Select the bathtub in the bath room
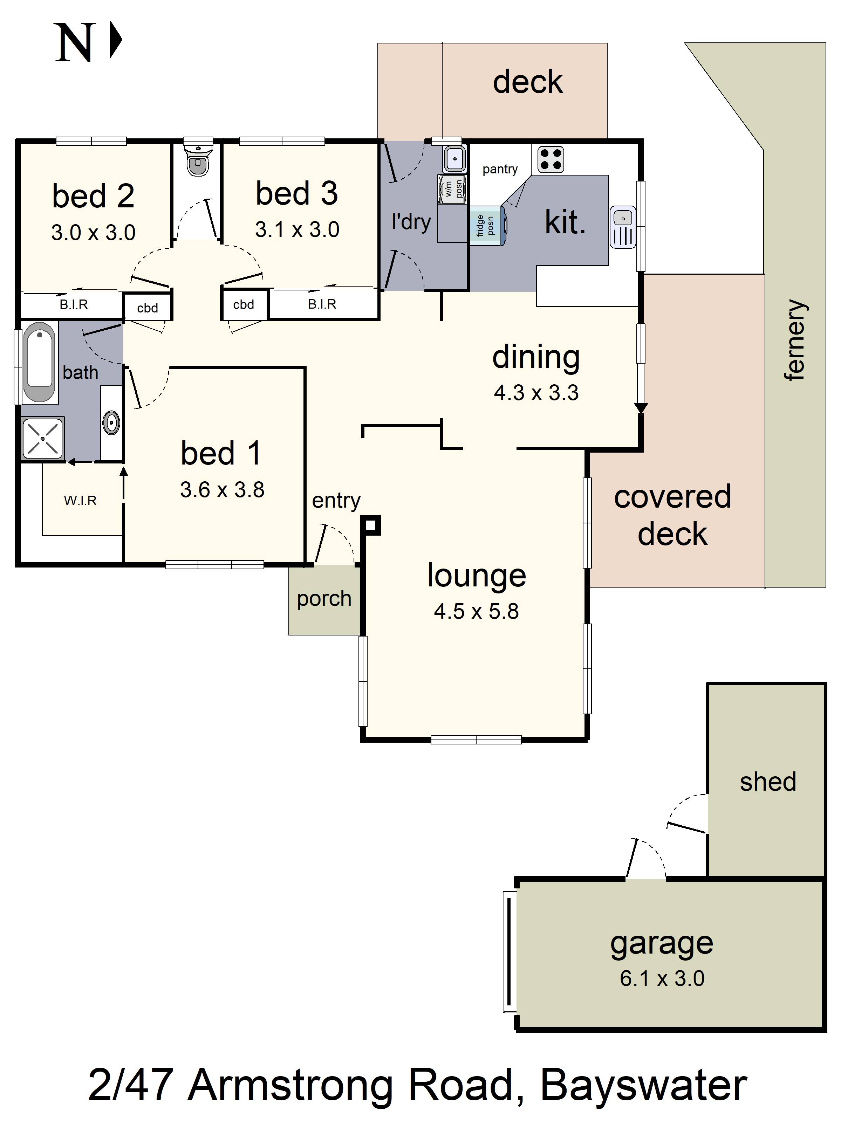coord(40,362)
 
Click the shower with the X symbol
coord(43,438)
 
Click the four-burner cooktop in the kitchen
coord(550,159)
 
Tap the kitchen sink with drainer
coord(622,227)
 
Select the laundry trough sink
coord(455,159)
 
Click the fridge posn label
coord(485,226)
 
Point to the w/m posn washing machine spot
coord(453,188)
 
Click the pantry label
coord(500,169)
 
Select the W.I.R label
coord(80,501)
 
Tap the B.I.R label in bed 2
coord(74,304)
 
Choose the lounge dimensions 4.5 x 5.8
coord(476,611)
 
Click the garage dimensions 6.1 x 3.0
coord(662,978)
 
